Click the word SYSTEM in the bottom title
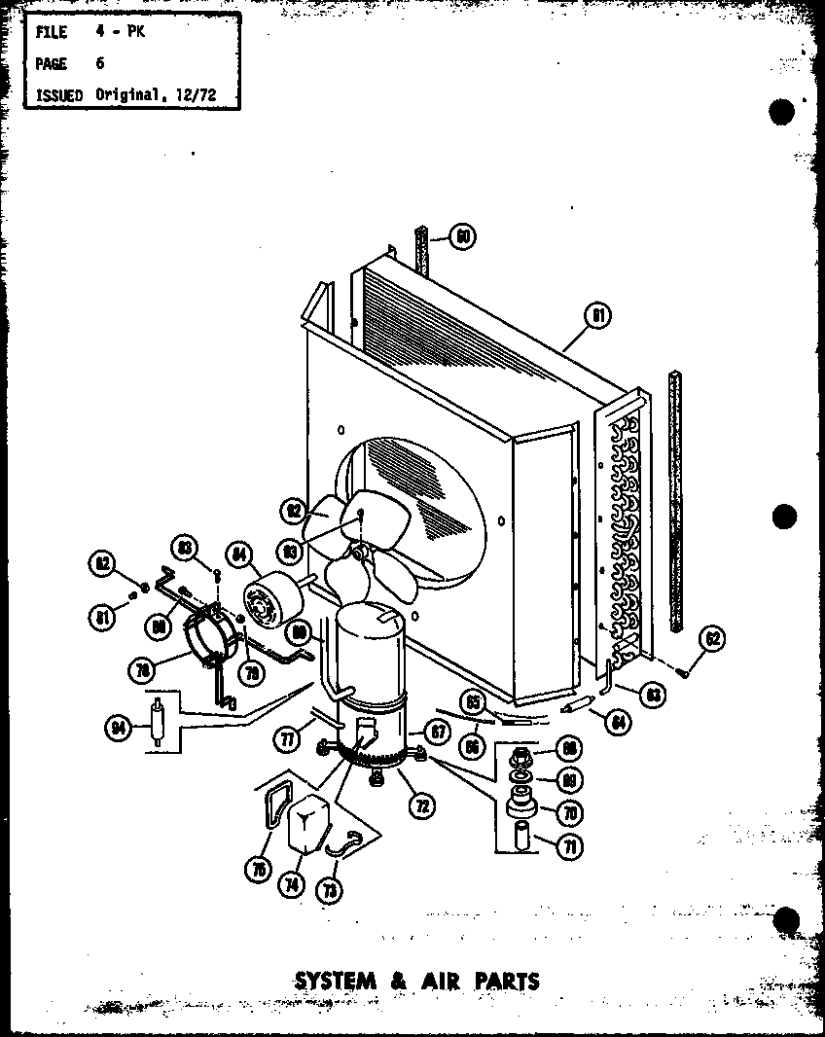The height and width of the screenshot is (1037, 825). click(335, 980)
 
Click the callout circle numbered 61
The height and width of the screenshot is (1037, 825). click(596, 315)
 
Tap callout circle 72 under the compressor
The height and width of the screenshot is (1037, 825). click(421, 805)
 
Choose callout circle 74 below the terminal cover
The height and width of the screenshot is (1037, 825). click(292, 883)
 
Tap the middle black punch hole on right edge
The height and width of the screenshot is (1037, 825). click(783, 516)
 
